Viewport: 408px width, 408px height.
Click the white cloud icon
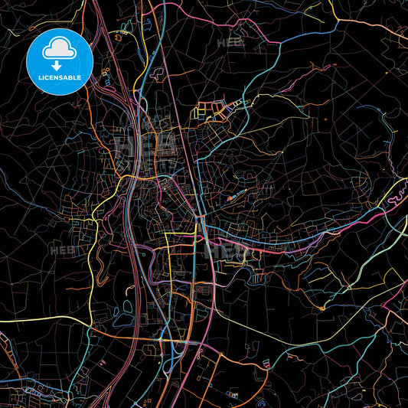(x=59, y=48)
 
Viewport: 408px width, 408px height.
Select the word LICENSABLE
(x=59, y=78)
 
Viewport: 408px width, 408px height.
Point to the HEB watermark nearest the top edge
(x=230, y=44)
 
